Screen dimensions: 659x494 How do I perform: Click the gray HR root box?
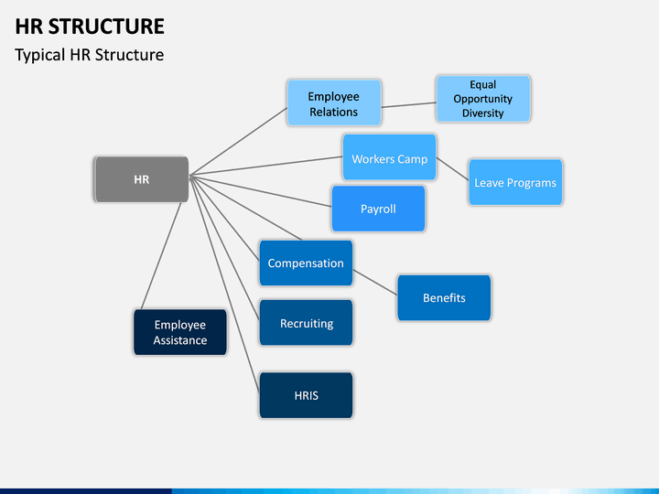142,179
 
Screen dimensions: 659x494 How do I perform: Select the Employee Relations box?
334,102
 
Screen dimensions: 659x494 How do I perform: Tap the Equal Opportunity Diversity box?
483,99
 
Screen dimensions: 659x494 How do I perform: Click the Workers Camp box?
390,157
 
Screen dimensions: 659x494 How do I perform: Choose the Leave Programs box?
515,182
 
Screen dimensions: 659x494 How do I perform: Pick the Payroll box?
378,209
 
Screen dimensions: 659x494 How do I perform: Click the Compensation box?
306,263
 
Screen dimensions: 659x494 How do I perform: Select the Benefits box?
444,298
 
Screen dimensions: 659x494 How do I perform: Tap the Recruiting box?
306,323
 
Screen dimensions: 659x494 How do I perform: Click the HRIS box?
306,395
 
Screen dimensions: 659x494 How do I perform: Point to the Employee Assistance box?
180,332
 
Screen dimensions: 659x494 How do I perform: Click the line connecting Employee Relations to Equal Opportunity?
409,105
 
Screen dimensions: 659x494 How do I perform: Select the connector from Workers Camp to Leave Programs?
453,169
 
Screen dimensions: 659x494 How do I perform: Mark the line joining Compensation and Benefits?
375,283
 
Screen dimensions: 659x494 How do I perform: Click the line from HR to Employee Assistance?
161,256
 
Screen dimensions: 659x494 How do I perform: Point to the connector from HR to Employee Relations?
238,142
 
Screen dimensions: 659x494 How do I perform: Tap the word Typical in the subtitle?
40,55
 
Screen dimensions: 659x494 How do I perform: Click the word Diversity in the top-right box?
483,113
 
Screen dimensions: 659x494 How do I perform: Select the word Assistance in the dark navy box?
180,340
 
